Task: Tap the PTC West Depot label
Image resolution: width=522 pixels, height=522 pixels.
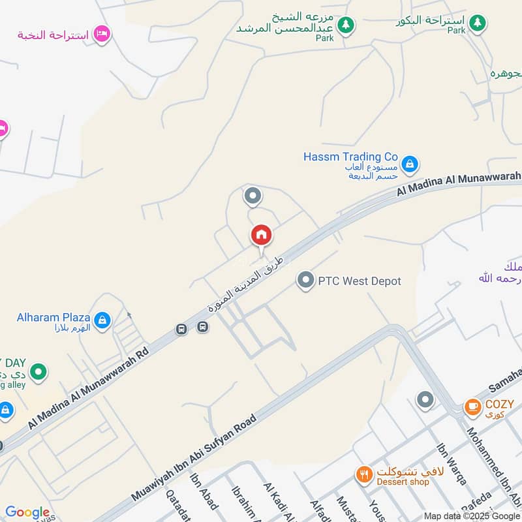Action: point(359,281)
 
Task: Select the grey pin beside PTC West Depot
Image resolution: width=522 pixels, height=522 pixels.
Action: point(305,281)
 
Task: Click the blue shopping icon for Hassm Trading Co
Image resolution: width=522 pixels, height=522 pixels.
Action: point(410,163)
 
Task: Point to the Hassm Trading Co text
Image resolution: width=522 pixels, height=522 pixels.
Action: point(350,157)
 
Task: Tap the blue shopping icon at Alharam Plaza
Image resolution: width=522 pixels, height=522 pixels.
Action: point(102,320)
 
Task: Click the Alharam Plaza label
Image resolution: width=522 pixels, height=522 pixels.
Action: point(54,318)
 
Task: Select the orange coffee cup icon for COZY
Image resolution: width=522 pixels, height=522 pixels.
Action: point(472,407)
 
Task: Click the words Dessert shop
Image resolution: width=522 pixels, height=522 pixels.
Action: point(403,482)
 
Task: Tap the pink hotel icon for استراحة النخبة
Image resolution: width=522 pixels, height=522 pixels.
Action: point(102,34)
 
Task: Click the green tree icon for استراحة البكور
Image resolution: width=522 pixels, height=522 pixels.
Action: point(478,23)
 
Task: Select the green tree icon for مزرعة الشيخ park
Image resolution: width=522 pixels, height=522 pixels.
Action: point(346,25)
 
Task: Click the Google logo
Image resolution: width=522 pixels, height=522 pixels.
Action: point(27,512)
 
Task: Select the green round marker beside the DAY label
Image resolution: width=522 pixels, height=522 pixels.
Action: point(39,372)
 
